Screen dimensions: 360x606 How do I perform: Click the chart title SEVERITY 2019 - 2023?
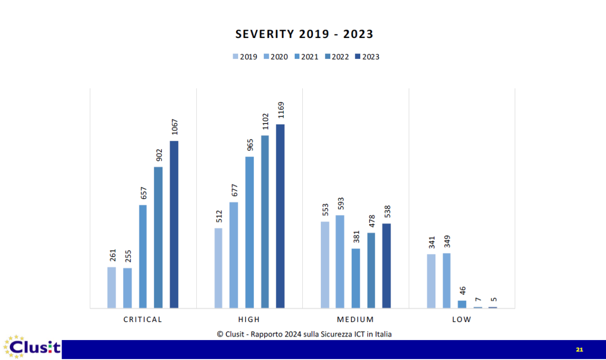point(304,34)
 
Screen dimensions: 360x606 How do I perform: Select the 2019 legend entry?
point(245,56)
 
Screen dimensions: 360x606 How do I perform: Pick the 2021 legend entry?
point(306,56)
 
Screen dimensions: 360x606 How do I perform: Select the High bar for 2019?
point(218,268)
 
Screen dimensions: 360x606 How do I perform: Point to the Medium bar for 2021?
point(356,278)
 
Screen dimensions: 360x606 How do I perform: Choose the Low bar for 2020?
point(446,280)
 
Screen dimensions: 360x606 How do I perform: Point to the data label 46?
point(462,290)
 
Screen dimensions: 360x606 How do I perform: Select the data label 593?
point(340,204)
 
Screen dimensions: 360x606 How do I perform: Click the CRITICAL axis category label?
point(143,319)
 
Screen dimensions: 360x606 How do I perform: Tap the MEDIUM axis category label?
point(355,319)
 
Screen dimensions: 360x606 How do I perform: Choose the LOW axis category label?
point(461,319)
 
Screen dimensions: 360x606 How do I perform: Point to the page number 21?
point(579,349)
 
